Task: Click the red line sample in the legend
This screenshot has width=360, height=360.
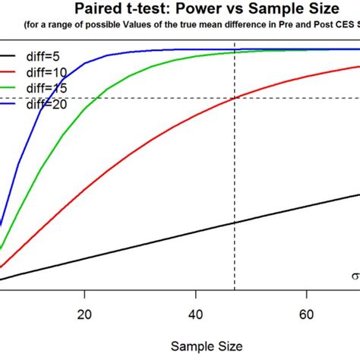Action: click(6, 73)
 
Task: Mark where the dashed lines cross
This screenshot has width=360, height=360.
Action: click(235, 98)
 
